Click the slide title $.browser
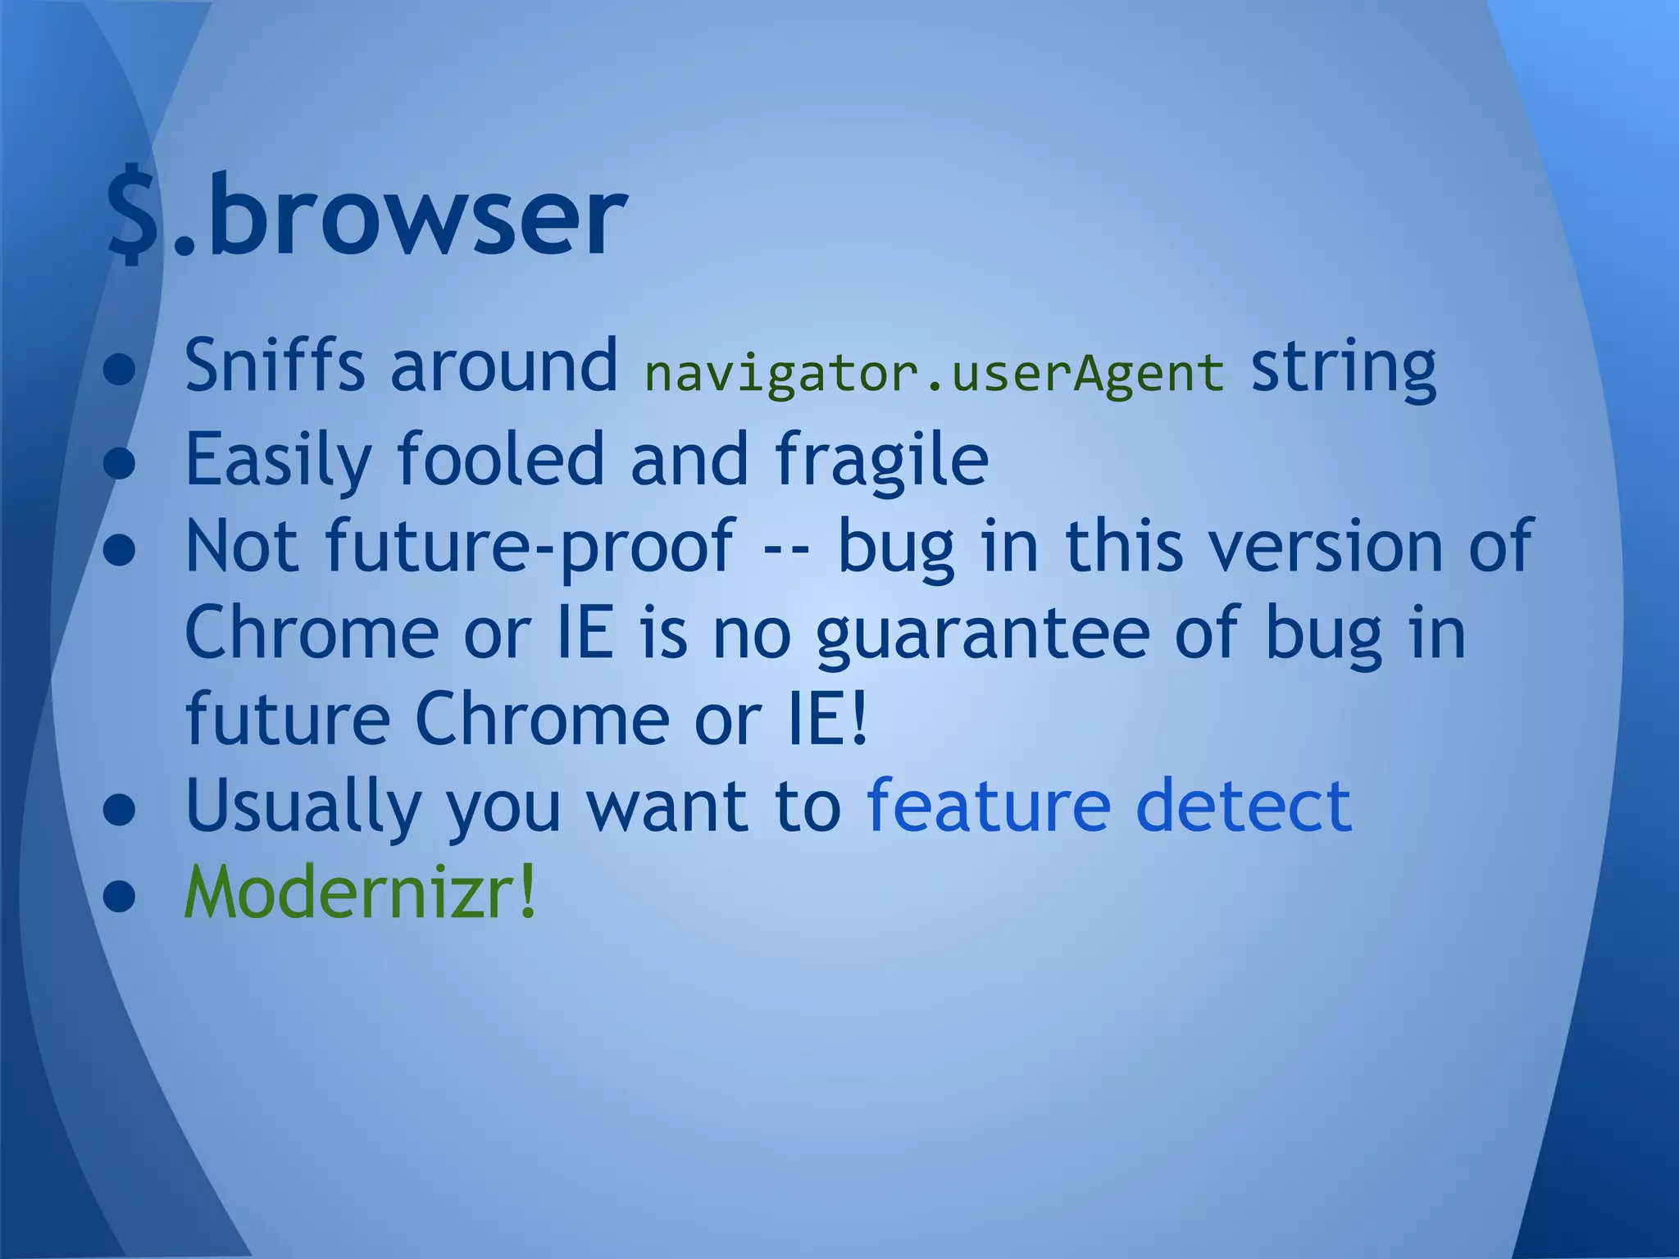[x=367, y=215]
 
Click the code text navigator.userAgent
[x=934, y=373]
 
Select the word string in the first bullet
[x=1343, y=368]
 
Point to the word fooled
[x=501, y=459]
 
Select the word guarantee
[x=983, y=634]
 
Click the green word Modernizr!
[x=361, y=892]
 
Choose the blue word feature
[x=988, y=806]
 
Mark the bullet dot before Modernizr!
[x=120, y=896]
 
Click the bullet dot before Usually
[x=120, y=810]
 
